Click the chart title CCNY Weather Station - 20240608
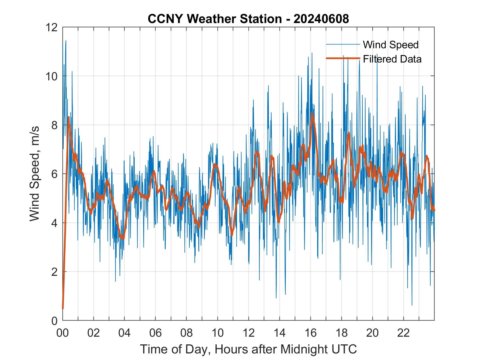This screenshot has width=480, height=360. (248, 19)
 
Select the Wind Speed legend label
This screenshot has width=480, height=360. (391, 45)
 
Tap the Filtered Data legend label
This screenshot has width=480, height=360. (392, 59)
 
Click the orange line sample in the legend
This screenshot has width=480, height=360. (343, 58)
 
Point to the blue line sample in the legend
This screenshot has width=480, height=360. (343, 44)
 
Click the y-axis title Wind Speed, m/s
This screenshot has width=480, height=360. (35, 173)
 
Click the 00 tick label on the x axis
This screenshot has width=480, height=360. (63, 333)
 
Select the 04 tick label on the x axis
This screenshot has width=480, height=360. (125, 333)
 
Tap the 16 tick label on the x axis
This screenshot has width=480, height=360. (310, 333)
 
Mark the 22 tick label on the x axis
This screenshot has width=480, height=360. (403, 333)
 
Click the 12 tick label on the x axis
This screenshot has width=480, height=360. (249, 333)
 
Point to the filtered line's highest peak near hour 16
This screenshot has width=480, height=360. (312, 113)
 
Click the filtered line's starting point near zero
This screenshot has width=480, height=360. (63, 308)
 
